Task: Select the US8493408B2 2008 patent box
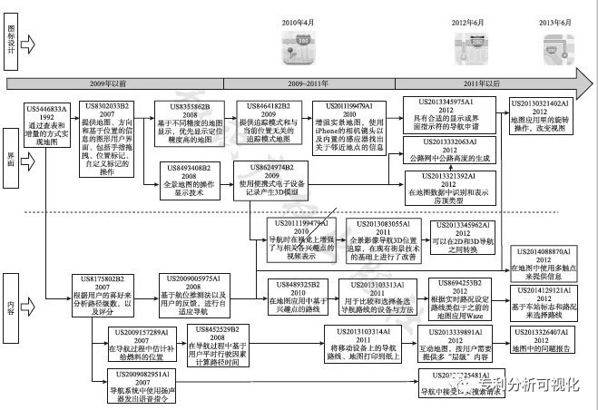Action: (x=195, y=177)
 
